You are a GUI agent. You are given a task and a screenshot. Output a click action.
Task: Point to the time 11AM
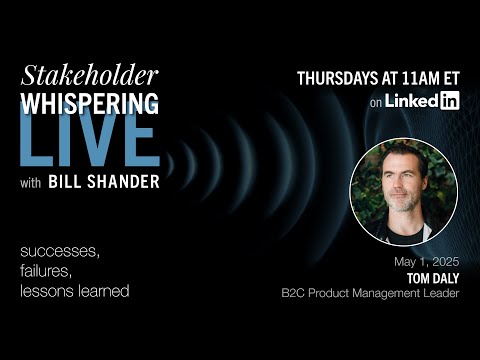click(x=427, y=78)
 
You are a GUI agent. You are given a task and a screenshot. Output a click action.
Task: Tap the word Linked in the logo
click(x=410, y=100)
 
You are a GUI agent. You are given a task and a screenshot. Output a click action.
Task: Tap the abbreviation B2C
click(x=296, y=294)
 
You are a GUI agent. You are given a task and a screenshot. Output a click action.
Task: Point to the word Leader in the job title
click(x=441, y=294)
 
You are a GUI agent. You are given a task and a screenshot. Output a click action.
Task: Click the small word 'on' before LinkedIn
click(x=376, y=101)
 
